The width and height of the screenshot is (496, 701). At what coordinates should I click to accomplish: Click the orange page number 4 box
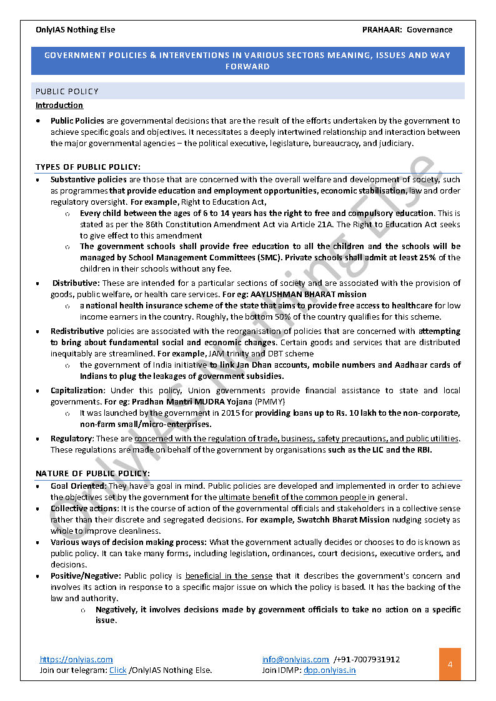450,664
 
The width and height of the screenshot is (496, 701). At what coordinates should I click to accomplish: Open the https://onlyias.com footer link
76,659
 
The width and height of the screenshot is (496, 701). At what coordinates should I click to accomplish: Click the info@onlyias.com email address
295,659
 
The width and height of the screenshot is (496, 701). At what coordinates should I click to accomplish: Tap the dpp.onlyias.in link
330,670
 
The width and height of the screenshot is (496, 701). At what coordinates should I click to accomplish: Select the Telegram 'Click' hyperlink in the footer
117,670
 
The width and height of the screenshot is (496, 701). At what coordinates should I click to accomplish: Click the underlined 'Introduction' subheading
59,105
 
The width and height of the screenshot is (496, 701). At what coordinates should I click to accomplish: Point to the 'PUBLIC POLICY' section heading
67,91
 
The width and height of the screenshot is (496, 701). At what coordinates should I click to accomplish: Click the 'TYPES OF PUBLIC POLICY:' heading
88,167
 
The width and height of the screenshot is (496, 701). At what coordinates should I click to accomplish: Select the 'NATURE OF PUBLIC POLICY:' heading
92,473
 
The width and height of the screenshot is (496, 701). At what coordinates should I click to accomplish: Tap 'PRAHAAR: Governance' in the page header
407,29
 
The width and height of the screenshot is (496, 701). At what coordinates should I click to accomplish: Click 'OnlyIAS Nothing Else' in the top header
76,29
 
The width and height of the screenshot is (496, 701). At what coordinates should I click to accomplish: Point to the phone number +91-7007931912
369,659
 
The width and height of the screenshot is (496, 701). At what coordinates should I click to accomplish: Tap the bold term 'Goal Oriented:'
79,486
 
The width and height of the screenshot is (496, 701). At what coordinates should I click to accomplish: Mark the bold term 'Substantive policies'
88,180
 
